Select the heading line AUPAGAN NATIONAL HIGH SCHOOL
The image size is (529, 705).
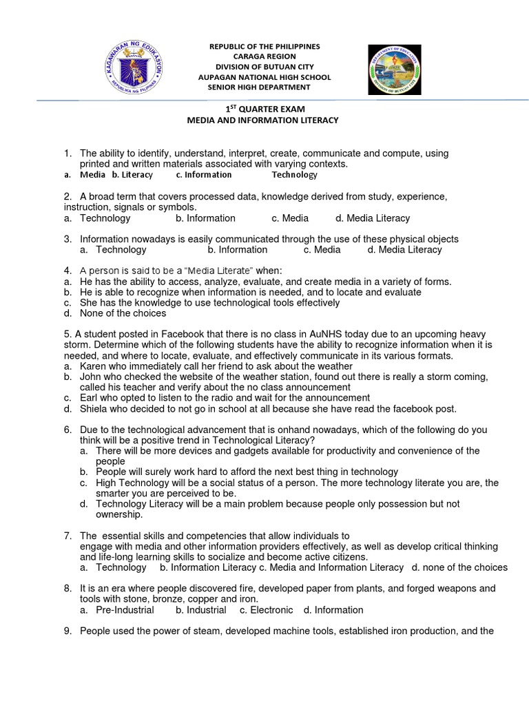pyautogui.click(x=264, y=77)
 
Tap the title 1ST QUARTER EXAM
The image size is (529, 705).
pyautogui.click(x=264, y=109)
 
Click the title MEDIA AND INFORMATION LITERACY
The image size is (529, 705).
pyautogui.click(x=264, y=120)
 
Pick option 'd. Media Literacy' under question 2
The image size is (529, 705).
pyautogui.click(x=373, y=218)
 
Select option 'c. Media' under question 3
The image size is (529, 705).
pyautogui.click(x=322, y=250)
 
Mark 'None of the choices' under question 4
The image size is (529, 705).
pyautogui.click(x=123, y=313)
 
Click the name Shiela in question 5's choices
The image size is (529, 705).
pyautogui.click(x=94, y=408)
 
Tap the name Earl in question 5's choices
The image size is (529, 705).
pyautogui.click(x=90, y=398)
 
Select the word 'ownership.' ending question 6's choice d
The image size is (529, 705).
pyautogui.click(x=119, y=514)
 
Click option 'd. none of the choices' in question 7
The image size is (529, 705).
pyautogui.click(x=459, y=567)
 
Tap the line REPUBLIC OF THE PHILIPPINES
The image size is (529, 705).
pyautogui.click(x=265, y=46)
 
